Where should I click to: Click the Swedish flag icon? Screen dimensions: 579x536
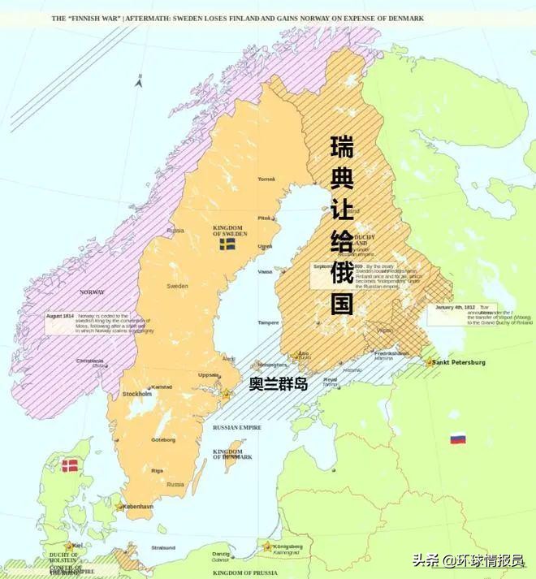pos(227,244)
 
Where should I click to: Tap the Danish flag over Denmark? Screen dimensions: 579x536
pos(71,465)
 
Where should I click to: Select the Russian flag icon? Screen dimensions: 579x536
pos(458,439)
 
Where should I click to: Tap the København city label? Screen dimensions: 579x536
pos(139,506)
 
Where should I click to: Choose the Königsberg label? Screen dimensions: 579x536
pos(287,547)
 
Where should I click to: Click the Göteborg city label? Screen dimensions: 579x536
pos(162,440)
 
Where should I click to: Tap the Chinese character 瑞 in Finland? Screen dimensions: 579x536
pos(342,148)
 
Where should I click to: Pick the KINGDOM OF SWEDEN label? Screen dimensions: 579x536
pos(229,231)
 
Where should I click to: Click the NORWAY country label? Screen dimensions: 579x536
pos(91,292)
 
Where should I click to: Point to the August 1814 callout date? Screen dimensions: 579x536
pos(61,316)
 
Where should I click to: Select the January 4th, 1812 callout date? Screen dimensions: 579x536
pos(454,308)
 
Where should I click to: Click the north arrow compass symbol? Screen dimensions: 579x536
pos(139,80)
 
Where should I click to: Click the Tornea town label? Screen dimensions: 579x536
pos(266,179)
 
